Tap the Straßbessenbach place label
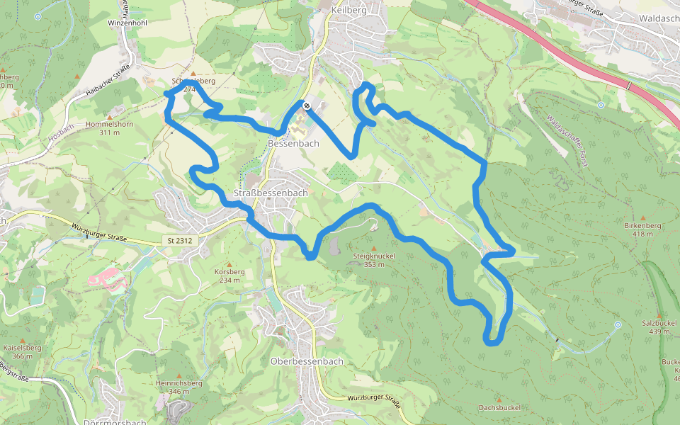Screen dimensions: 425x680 click(x=271, y=193)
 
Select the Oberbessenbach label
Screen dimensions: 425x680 click(x=307, y=361)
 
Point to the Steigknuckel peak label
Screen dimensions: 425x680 click(x=373, y=256)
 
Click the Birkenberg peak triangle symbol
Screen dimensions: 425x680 click(x=642, y=217)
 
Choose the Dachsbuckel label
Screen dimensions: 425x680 click(x=499, y=407)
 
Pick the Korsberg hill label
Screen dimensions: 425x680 click(x=229, y=271)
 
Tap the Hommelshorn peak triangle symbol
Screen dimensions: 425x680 click(x=109, y=116)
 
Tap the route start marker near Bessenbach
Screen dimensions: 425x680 click(x=306, y=106)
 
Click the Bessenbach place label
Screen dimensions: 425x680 click(x=293, y=143)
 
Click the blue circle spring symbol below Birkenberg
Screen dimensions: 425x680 click(x=618, y=324)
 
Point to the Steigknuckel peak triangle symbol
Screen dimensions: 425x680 click(x=374, y=247)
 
